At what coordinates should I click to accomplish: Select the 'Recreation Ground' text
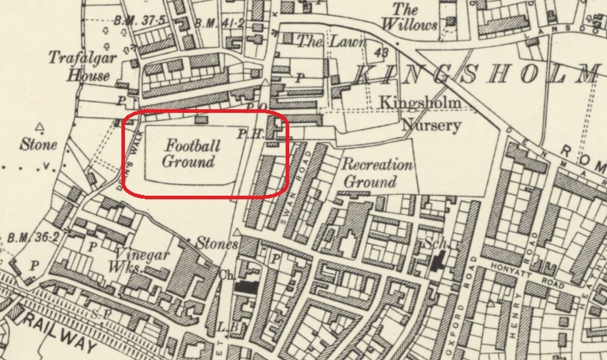pos(378,173)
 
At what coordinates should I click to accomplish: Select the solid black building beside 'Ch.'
pos(247,287)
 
